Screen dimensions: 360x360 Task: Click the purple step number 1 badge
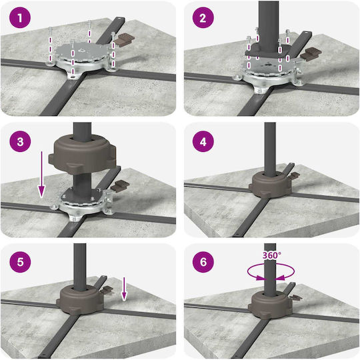click(x=20, y=17)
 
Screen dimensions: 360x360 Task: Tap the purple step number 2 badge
click(x=203, y=17)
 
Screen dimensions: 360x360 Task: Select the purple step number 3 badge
click(x=20, y=141)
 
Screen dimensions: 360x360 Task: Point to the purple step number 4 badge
click(x=203, y=141)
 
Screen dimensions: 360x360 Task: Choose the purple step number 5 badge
click(x=20, y=262)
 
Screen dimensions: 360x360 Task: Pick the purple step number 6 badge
click(x=203, y=262)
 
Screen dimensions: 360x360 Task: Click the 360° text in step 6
click(x=272, y=255)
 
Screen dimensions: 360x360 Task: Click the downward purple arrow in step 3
click(x=41, y=174)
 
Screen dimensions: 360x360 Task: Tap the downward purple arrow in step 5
click(x=124, y=289)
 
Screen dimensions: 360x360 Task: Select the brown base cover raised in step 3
click(x=83, y=154)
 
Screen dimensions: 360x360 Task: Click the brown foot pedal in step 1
click(x=124, y=39)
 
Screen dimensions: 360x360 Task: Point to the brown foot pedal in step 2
click(x=311, y=54)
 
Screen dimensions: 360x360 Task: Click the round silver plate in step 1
click(x=82, y=53)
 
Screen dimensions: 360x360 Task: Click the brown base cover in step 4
click(x=271, y=186)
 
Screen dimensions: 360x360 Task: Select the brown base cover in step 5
click(x=81, y=299)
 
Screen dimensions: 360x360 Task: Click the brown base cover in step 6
click(x=271, y=306)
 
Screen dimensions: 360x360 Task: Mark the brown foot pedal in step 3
click(x=120, y=186)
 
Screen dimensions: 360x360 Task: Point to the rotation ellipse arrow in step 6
click(x=271, y=272)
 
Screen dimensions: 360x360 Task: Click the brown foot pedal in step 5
click(x=108, y=291)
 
